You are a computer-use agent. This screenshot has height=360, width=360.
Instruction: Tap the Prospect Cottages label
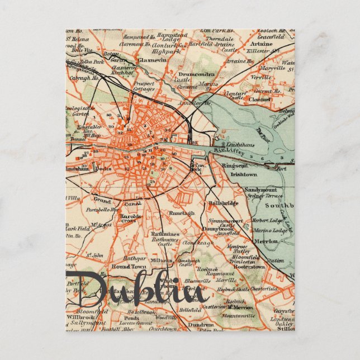(144, 86)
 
